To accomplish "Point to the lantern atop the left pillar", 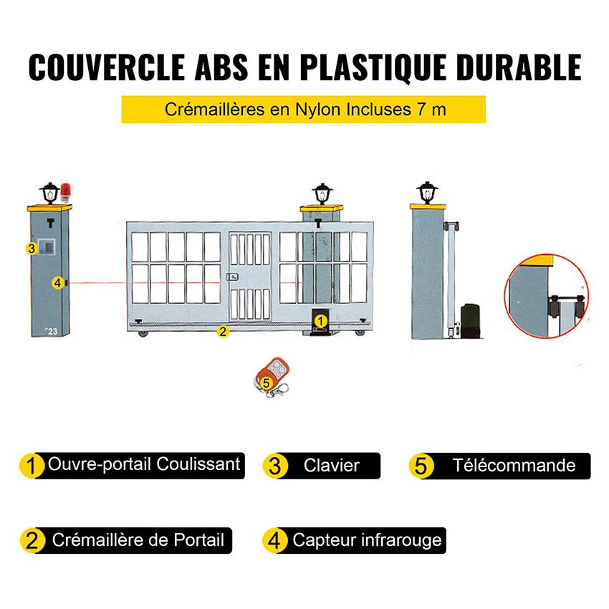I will pyautogui.click(x=49, y=191).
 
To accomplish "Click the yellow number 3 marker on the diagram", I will pyautogui.click(x=31, y=249).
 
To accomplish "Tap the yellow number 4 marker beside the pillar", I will pyautogui.click(x=57, y=283).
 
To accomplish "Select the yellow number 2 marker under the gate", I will pyautogui.click(x=223, y=331).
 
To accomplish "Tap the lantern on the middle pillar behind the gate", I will pyautogui.click(x=322, y=193).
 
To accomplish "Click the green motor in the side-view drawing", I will pyautogui.click(x=470, y=317).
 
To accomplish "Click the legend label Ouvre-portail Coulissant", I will pyautogui.click(x=143, y=464).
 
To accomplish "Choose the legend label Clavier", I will pyautogui.click(x=331, y=466).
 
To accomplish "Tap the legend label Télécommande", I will pyautogui.click(x=513, y=466).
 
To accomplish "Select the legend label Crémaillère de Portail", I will pyautogui.click(x=138, y=540).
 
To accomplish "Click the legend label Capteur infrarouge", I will pyautogui.click(x=367, y=540).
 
